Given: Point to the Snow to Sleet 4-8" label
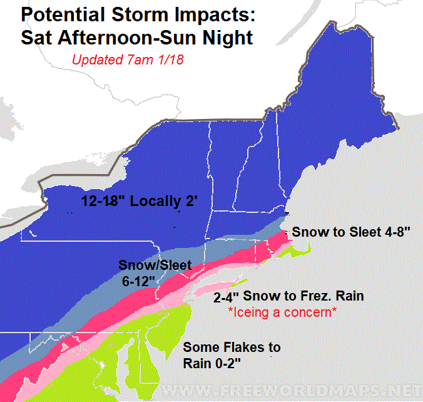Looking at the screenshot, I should [351, 231].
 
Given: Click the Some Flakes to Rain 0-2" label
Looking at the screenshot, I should [231, 355].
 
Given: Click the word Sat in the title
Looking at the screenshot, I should [36, 38].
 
